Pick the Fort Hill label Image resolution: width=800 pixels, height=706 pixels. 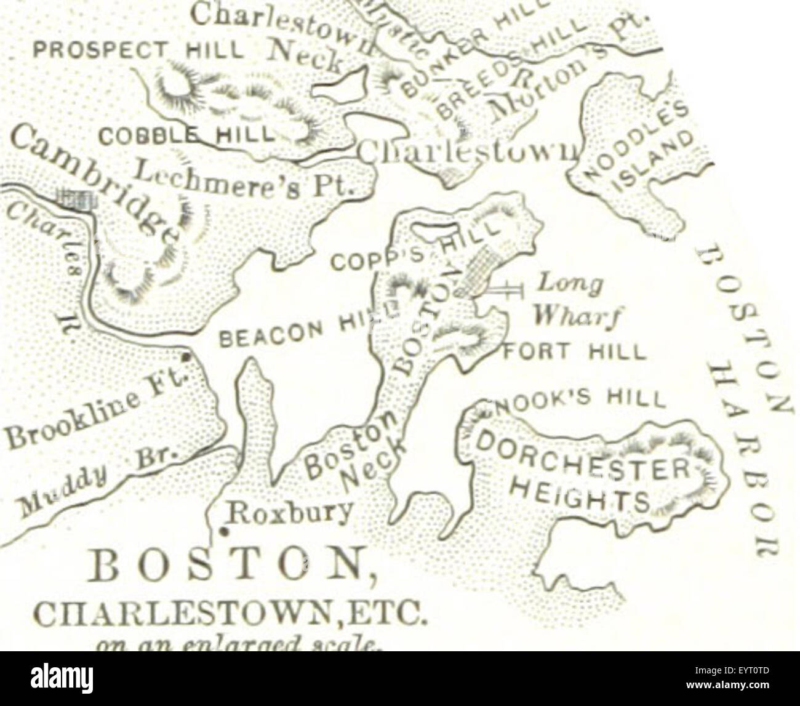click(x=575, y=353)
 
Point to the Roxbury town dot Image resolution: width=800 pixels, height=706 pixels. click(x=225, y=531)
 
